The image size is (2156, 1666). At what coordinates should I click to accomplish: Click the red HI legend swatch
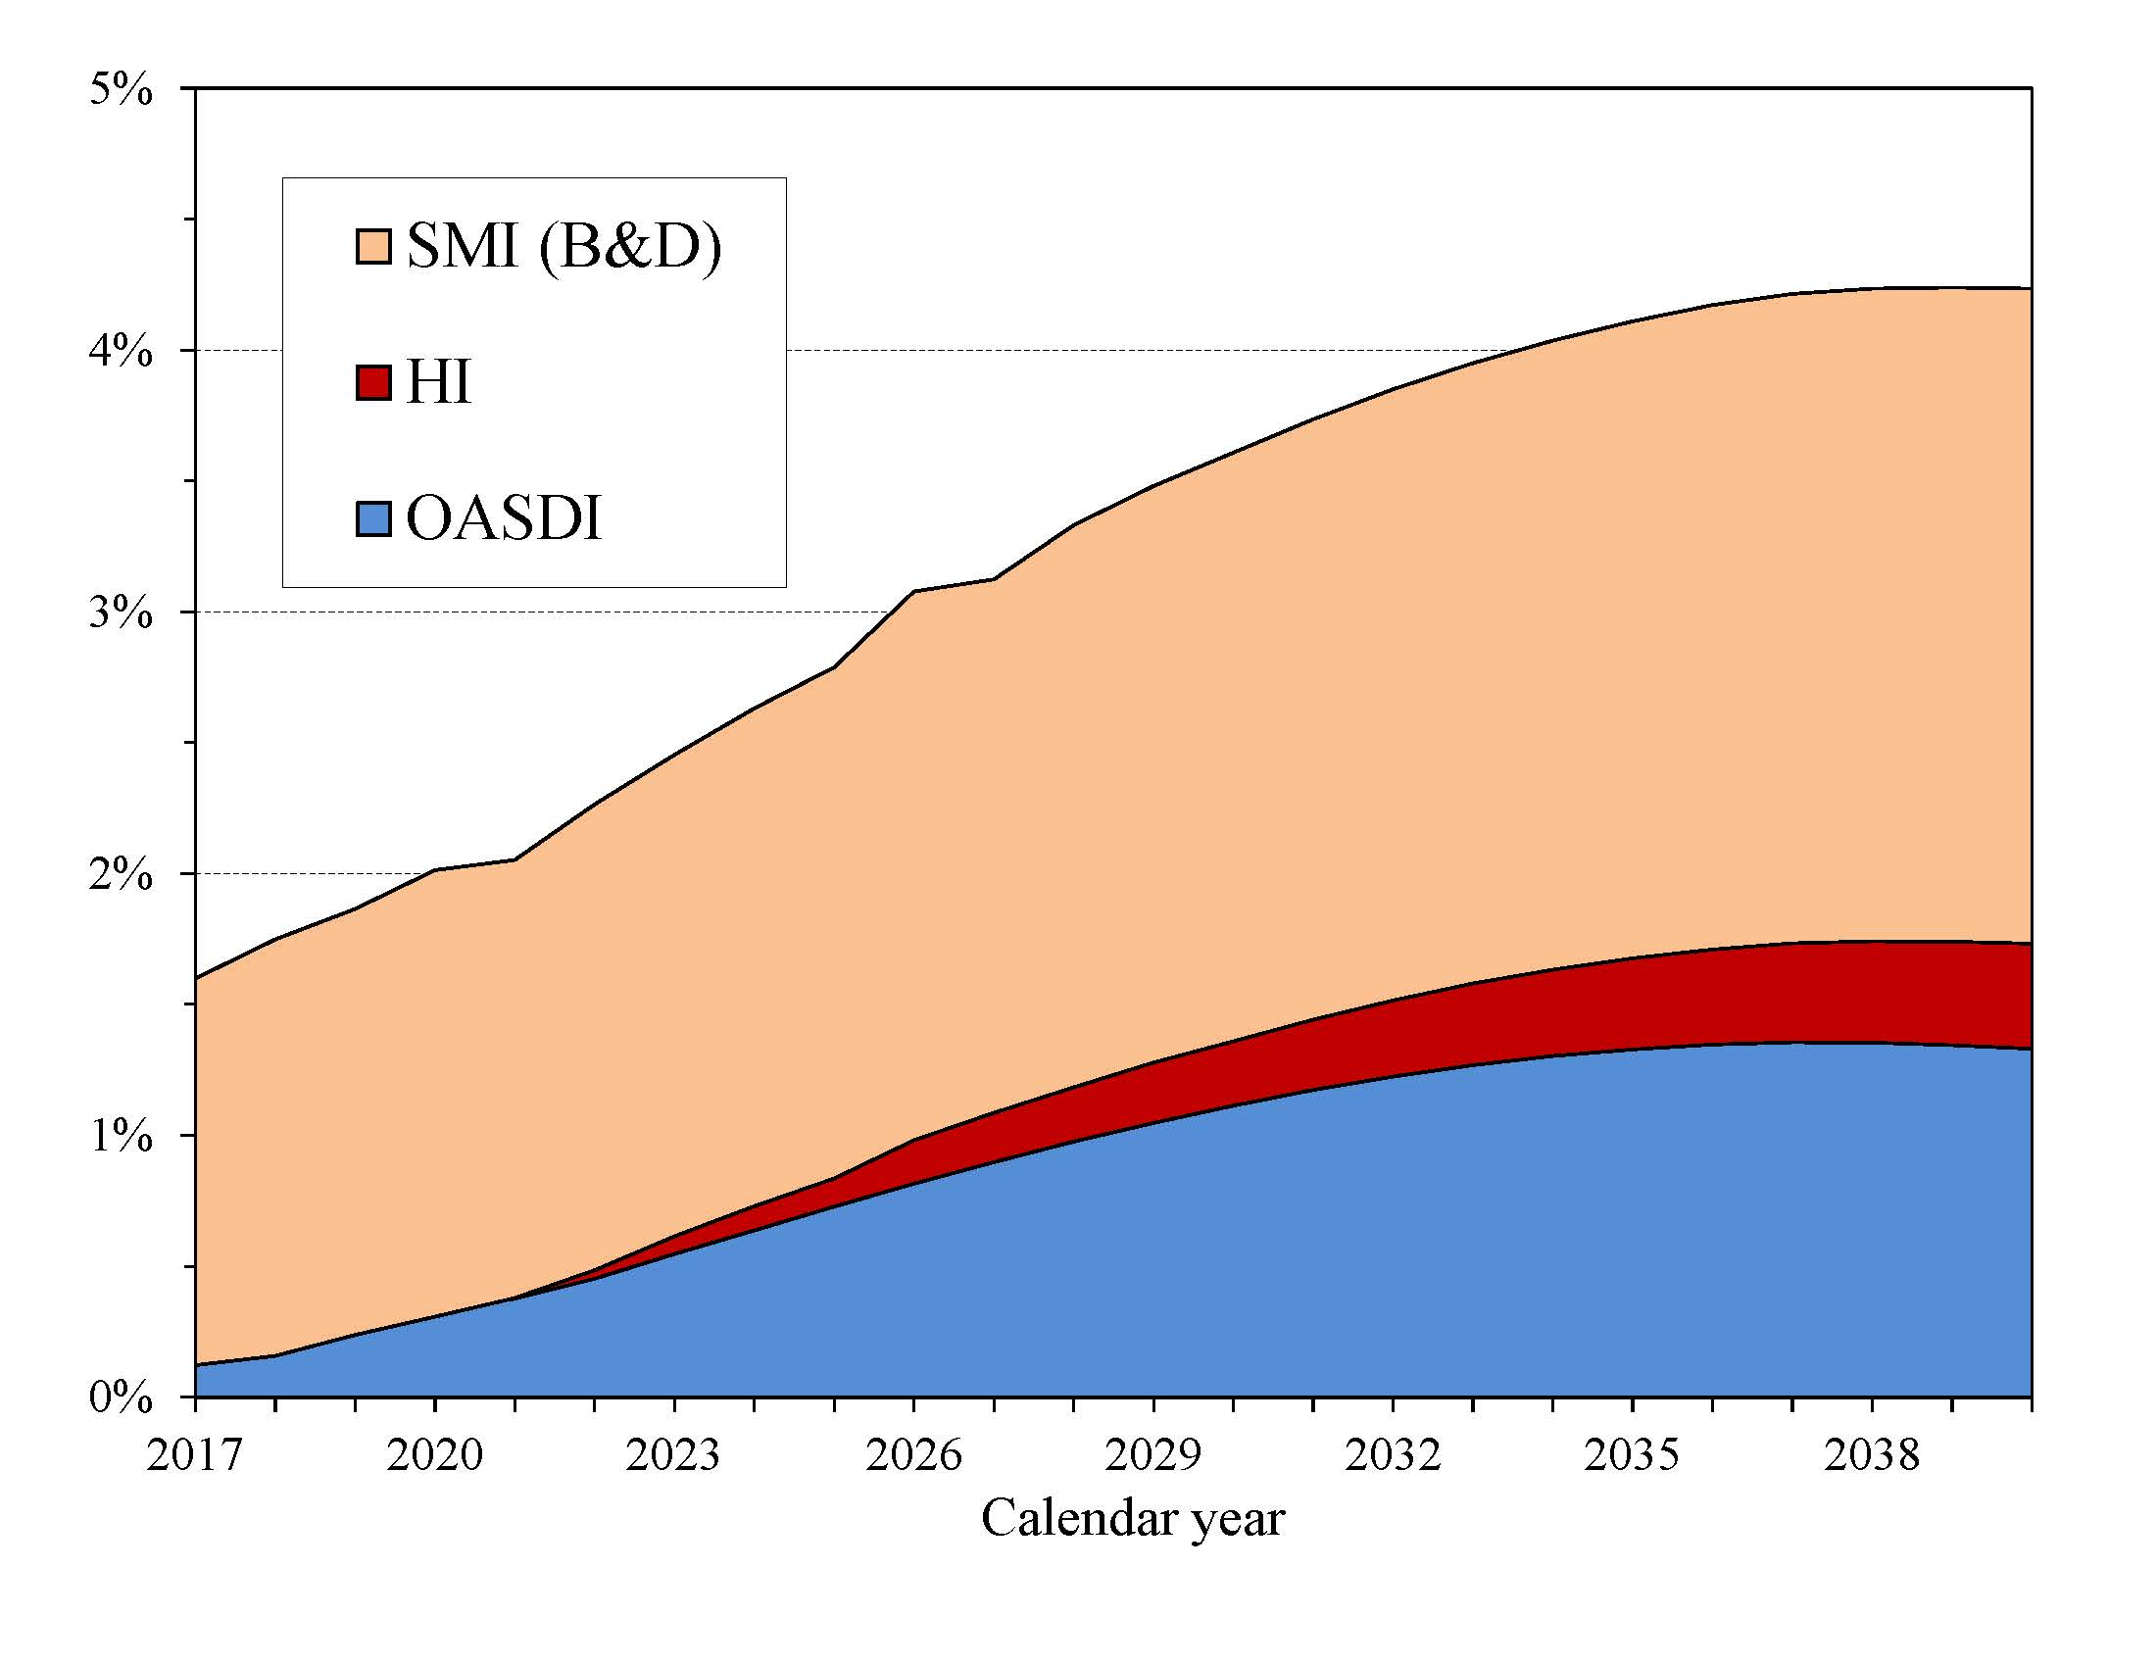(373, 382)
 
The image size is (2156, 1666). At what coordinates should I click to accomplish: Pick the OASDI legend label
(504, 518)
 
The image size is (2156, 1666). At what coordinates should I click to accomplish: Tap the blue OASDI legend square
(373, 518)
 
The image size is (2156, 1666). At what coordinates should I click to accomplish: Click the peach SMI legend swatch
(373, 246)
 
